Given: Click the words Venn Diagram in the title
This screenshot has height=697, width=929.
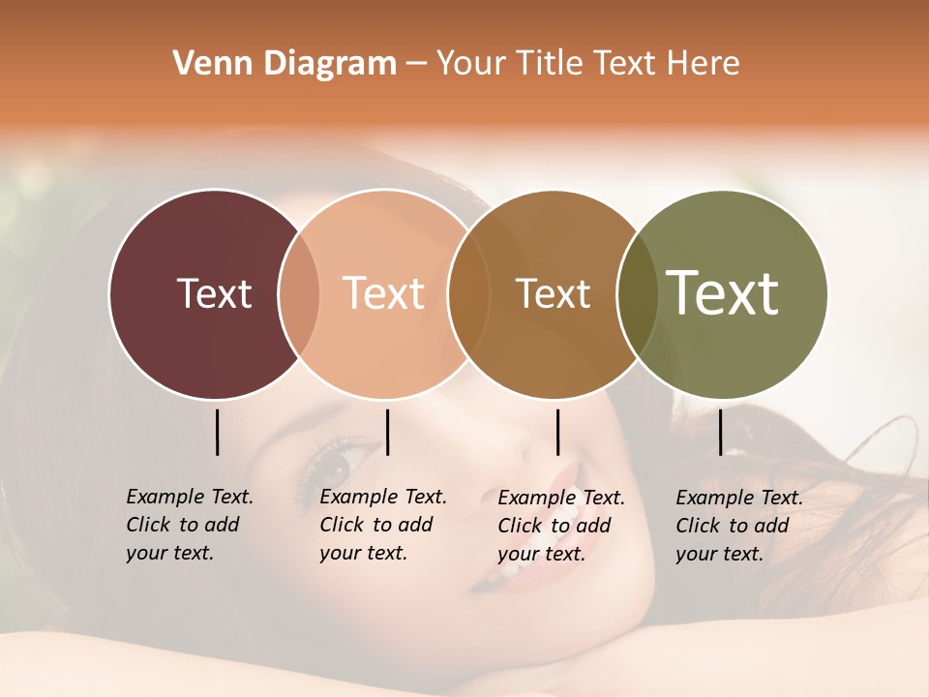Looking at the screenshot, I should [x=285, y=64].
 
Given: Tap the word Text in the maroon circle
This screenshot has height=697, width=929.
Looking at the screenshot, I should [x=214, y=293].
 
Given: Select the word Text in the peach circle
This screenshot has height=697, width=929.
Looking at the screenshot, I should [x=384, y=293].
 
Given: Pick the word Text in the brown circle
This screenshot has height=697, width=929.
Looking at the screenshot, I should [x=553, y=293].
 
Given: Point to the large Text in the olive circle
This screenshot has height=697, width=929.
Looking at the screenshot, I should [x=723, y=292].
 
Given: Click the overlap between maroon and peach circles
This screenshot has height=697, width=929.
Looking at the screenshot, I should [x=299, y=293].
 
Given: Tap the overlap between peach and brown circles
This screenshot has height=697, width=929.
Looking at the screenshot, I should [x=468, y=293].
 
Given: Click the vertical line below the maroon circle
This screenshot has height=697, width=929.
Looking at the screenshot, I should [x=217, y=432].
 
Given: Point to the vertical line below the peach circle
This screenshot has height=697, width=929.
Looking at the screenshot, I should [x=387, y=432].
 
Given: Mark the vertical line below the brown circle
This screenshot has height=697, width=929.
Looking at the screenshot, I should [x=557, y=432].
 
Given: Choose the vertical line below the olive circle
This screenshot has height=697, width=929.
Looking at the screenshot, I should [x=720, y=432].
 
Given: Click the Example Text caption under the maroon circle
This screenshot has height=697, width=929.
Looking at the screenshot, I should [x=189, y=525].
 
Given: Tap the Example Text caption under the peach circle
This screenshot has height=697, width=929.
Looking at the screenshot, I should [x=382, y=525].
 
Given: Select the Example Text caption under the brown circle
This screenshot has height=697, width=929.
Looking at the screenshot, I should [x=560, y=526].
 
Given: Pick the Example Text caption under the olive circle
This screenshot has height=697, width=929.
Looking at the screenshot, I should [x=738, y=526].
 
